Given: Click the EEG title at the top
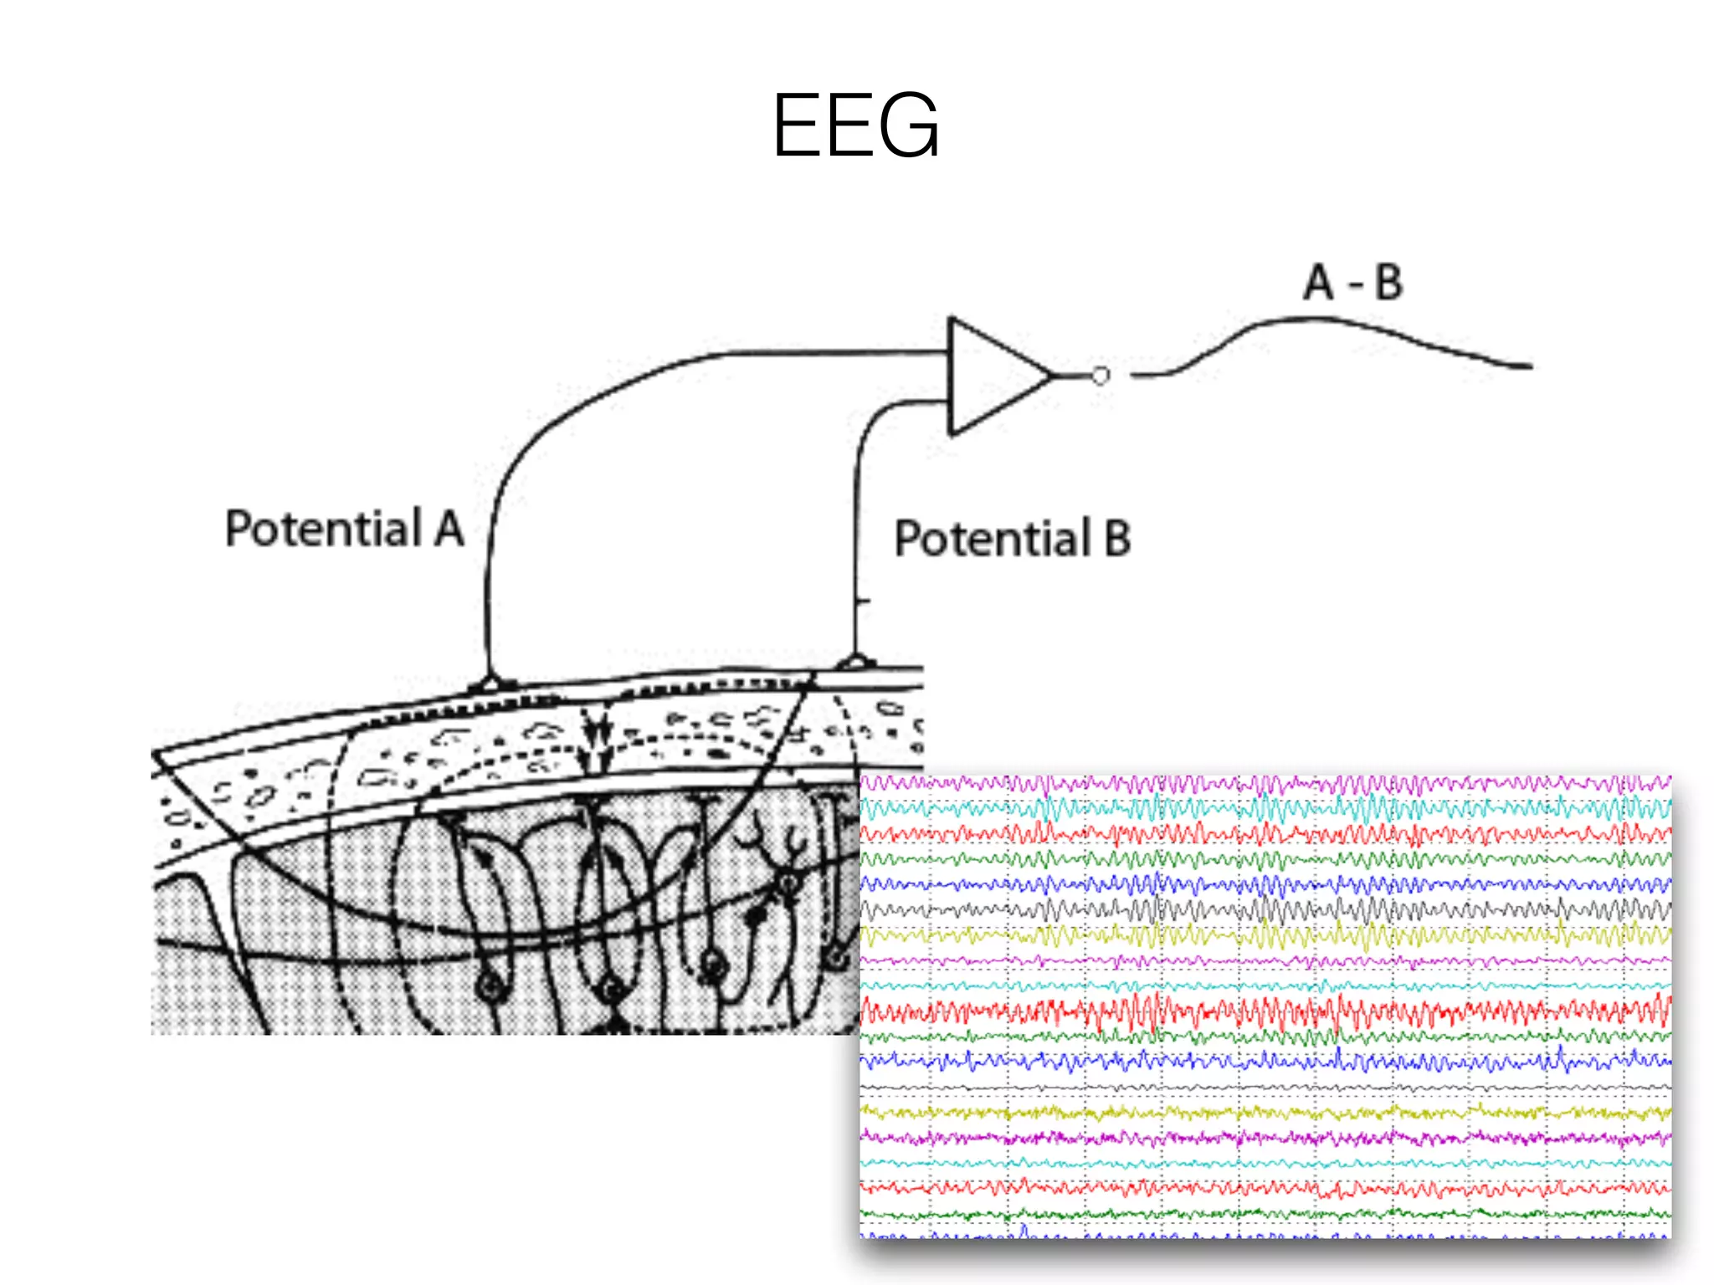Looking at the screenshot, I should pos(855,125).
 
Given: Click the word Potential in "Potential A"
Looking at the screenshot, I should pos(323,530).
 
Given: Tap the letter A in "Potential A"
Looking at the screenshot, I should pos(449,529).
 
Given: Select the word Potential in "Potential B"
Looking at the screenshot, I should pos(993,538).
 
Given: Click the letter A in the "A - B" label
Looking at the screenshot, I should pos(1318,282).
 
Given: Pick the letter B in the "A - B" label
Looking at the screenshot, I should pos(1388,282).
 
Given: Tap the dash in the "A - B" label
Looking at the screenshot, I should pos(1355,284).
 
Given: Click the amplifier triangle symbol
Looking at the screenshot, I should pos(992,376).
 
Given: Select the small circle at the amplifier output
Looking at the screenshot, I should pos(1101,376).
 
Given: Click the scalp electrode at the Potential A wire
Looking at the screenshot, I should pos(492,683).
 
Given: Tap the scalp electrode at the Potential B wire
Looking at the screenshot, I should pos(854,663).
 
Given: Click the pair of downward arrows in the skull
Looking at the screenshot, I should pos(596,740).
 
